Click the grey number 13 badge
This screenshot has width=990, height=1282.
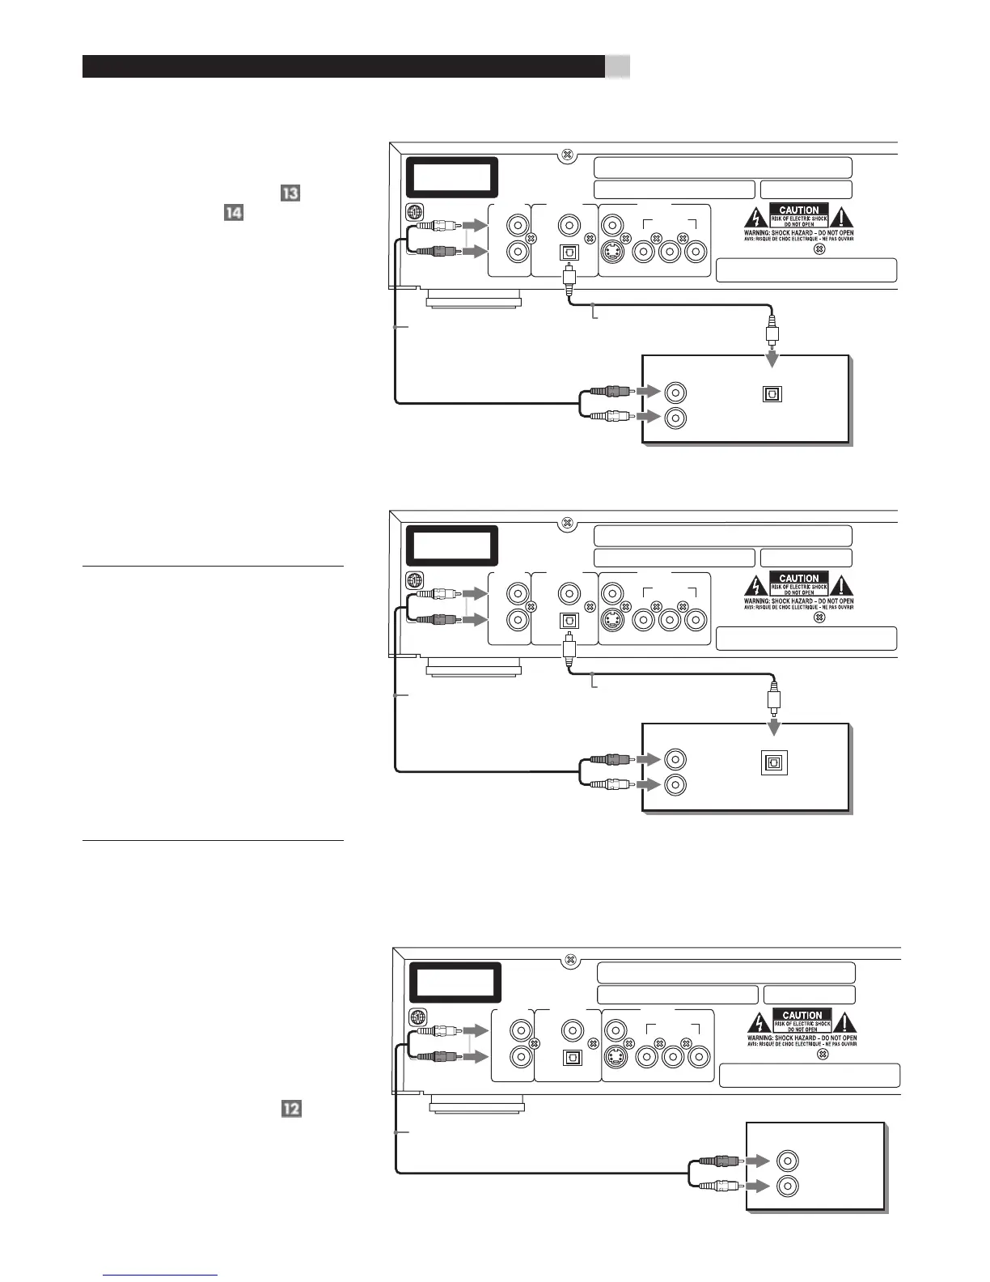coord(290,193)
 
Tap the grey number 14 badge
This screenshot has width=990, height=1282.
coord(233,213)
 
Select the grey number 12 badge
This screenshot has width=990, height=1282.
coord(290,1109)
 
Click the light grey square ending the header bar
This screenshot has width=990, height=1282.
coord(618,66)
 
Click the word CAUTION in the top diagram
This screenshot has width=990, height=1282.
coord(799,210)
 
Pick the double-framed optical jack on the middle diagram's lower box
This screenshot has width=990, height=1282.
coord(774,763)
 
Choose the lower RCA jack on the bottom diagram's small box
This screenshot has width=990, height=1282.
coord(788,1186)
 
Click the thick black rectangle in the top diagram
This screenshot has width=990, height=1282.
coord(451,176)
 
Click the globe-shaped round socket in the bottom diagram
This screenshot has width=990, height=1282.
coord(417,1017)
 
